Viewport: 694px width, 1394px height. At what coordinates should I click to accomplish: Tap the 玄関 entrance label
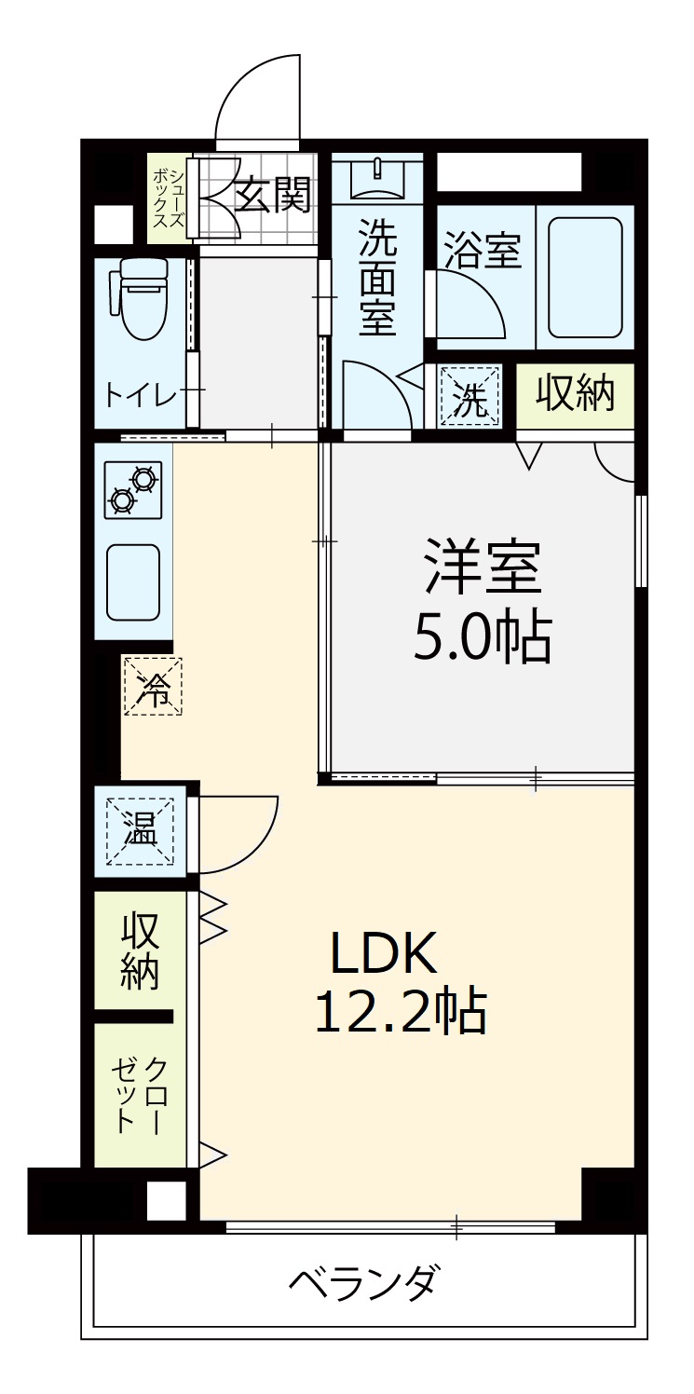coord(272,194)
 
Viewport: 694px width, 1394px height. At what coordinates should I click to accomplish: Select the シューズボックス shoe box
coord(168,198)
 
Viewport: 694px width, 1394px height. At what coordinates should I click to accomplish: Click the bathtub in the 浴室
coord(585,277)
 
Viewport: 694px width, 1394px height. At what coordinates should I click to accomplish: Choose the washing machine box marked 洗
coord(469,396)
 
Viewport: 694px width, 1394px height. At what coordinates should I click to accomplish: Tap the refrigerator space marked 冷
coord(153,686)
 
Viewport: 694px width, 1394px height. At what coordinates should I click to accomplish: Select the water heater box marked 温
coord(140,831)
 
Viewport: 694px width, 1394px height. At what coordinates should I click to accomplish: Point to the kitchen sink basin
coord(133,582)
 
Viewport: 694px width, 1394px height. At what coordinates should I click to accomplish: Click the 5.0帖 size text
coord(482,638)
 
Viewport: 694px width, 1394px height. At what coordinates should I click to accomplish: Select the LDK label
coord(384,952)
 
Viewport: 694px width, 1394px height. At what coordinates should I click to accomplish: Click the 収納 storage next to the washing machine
coord(575,395)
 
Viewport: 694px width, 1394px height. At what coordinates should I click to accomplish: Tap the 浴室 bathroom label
coord(482,251)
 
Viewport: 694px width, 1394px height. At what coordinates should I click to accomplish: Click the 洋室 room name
coord(482,567)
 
